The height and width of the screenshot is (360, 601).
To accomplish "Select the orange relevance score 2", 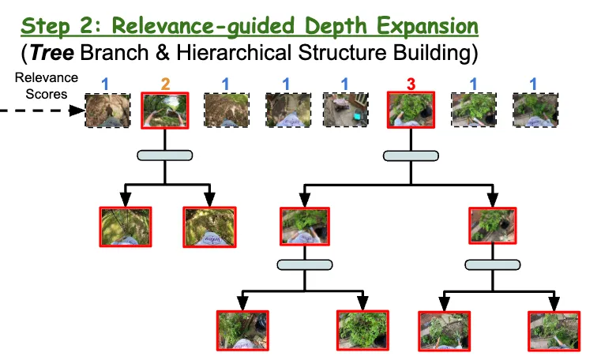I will [164, 82].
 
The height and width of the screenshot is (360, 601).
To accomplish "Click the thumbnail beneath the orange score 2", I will [164, 111].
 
